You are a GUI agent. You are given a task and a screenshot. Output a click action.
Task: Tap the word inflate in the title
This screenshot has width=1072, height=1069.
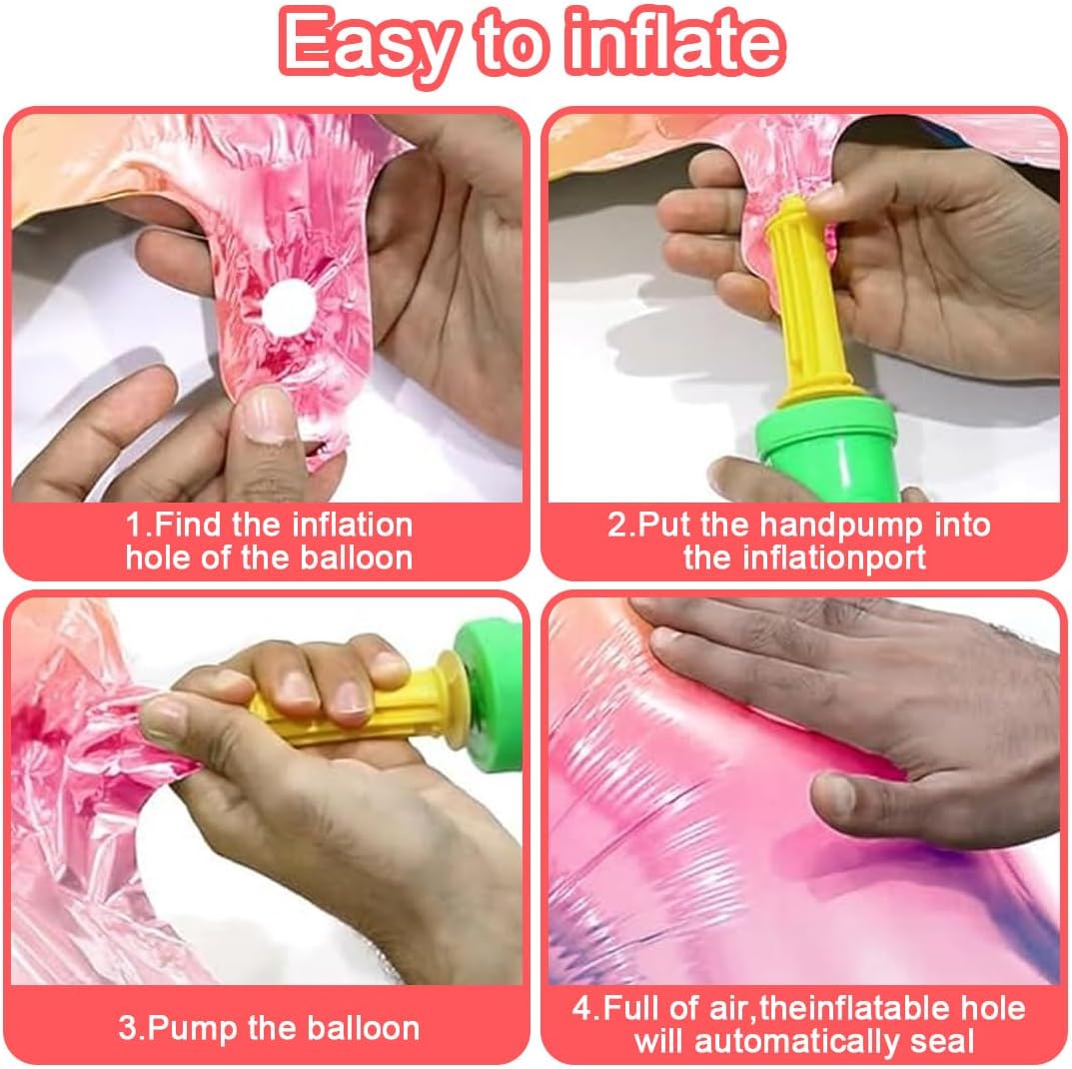tap(676, 41)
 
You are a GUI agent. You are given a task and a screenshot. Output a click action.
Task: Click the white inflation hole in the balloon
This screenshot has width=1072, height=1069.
tap(289, 309)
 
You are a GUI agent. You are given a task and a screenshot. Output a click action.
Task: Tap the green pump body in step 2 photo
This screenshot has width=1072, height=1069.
tap(828, 449)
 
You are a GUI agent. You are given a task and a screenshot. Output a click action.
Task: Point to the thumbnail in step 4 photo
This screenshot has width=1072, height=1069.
tap(835, 794)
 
